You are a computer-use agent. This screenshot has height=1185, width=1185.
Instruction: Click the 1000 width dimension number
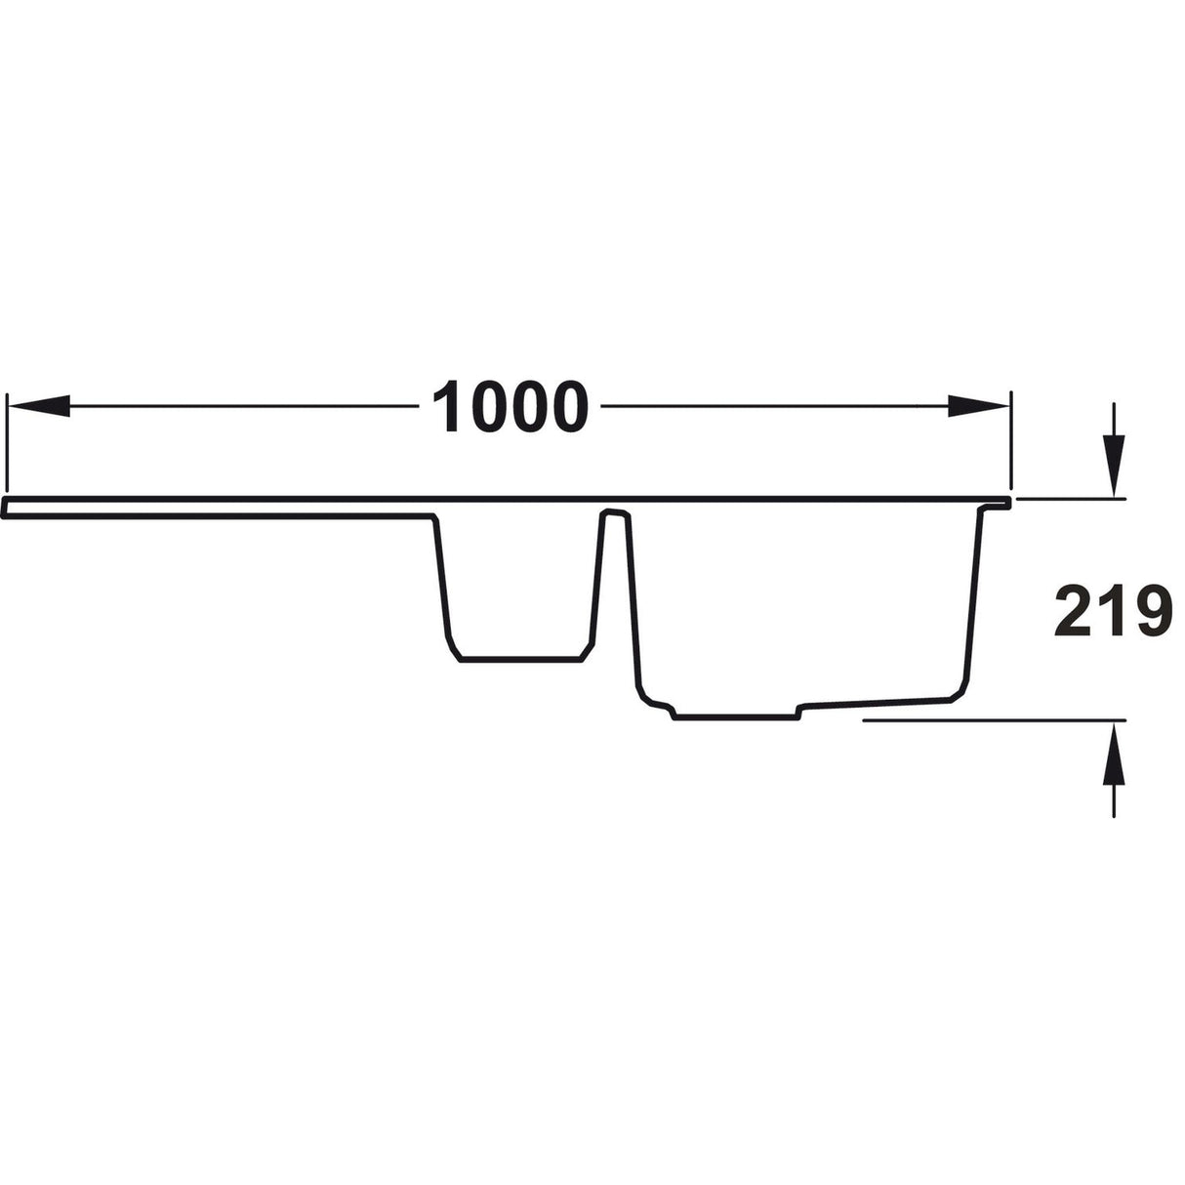pos(511,407)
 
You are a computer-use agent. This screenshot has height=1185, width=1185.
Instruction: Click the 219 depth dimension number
pos(1113,613)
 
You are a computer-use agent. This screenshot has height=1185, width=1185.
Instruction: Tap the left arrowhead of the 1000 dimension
pos(39,406)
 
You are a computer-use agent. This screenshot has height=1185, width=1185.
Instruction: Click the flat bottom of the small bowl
pos(520,661)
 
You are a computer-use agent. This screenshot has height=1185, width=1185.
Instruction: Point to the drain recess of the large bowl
pos(737,717)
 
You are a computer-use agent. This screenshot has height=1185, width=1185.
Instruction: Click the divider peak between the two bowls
pos(613,511)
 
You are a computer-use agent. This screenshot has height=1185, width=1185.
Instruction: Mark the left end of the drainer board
pos(6,508)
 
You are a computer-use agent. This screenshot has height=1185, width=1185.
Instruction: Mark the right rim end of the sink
pos(1007,503)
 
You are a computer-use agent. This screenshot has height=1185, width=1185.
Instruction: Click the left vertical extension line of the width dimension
pos(7,439)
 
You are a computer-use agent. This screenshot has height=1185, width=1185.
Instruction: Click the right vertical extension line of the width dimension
pos(1012,439)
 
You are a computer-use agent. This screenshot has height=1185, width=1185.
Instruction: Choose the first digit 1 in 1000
pos(448,407)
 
